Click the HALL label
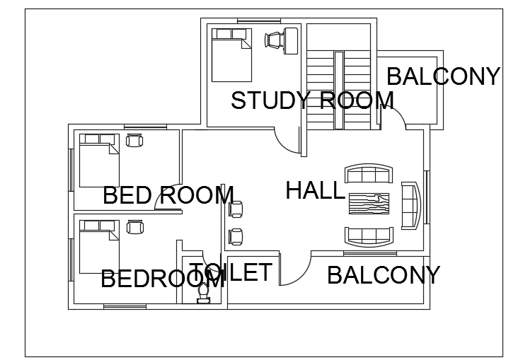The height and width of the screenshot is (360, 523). (x=315, y=190)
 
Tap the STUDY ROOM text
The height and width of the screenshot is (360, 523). (x=312, y=100)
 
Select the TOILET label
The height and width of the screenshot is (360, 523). (x=231, y=272)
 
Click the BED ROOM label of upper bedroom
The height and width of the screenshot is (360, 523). (x=168, y=195)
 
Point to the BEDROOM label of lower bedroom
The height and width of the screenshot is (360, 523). (x=163, y=279)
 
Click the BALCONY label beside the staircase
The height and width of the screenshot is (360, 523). (x=443, y=76)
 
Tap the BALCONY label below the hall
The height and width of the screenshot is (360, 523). (x=384, y=275)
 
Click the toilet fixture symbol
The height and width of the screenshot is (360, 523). (x=203, y=293)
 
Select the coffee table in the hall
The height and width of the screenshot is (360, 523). (x=369, y=204)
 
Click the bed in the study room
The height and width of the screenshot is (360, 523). (x=231, y=55)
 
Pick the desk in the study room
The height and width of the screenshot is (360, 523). (x=291, y=41)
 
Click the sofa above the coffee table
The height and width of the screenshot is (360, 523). (x=369, y=173)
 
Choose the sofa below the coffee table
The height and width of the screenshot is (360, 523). (x=369, y=237)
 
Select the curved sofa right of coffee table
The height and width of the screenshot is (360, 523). (x=411, y=205)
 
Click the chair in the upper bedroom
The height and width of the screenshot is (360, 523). (x=134, y=140)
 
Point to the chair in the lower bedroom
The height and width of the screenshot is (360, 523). (x=135, y=227)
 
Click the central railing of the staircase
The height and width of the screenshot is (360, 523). (x=338, y=91)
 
